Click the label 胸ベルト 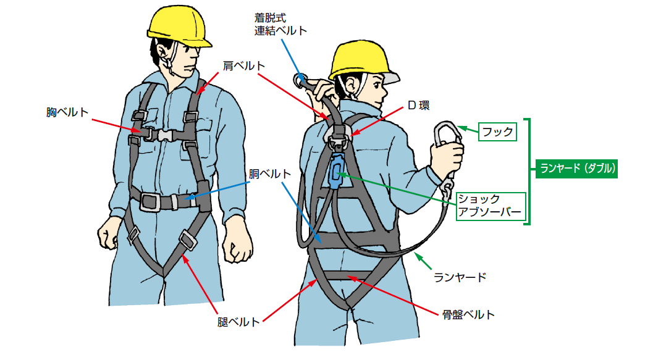click(x=67, y=112)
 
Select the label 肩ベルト click(x=244, y=65)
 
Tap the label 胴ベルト click(x=269, y=174)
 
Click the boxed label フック click(x=497, y=132)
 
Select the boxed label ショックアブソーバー click(x=491, y=206)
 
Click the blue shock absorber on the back click(x=336, y=172)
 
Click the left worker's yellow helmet click(x=179, y=25)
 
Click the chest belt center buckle click(x=165, y=135)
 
